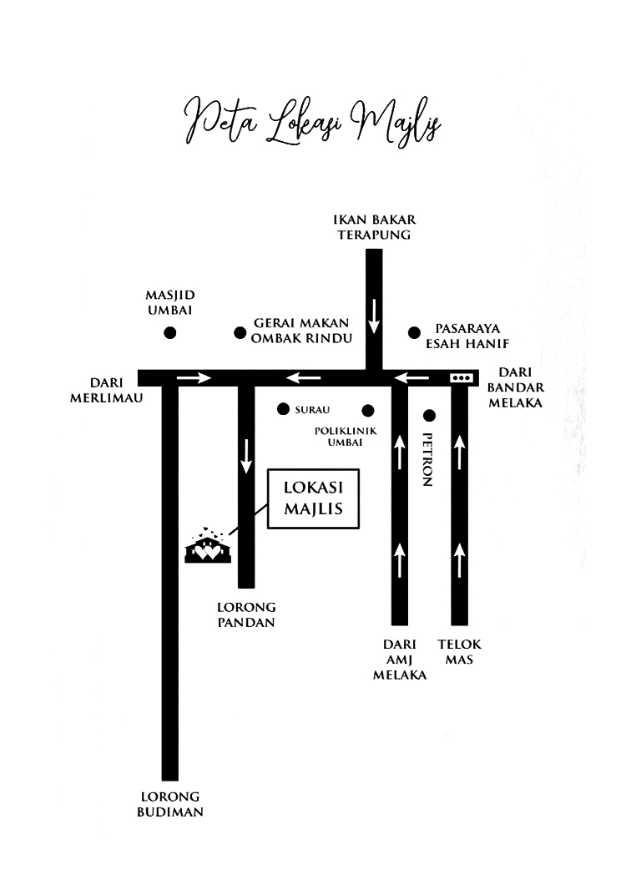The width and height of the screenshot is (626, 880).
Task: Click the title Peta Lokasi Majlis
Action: [x=312, y=122]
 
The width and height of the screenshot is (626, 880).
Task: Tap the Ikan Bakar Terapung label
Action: [x=374, y=227]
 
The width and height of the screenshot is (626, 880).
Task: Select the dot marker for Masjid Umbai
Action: [x=170, y=333]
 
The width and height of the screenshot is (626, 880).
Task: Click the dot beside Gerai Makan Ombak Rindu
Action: [x=240, y=333]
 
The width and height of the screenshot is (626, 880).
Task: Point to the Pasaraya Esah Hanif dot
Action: [x=414, y=333]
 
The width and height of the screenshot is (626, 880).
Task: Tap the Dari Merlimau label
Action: [x=106, y=390]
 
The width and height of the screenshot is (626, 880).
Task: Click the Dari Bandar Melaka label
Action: [x=516, y=387]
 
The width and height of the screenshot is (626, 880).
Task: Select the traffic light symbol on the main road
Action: [x=461, y=377]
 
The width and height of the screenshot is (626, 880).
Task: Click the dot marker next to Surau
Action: [x=283, y=409]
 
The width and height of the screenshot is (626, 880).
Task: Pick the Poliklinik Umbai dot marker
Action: [x=367, y=411]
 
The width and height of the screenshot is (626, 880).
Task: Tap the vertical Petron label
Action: [x=427, y=459]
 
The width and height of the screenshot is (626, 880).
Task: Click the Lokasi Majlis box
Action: [x=313, y=498]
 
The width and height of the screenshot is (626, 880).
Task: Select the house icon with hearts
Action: [x=208, y=545]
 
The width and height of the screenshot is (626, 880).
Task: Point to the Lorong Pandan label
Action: [x=246, y=614]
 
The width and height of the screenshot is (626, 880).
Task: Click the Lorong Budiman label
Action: [x=170, y=804]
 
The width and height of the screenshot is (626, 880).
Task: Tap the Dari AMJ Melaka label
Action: [x=399, y=660]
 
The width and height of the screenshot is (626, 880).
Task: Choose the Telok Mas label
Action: [x=459, y=651]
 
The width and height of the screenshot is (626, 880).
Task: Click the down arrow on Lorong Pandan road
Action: [x=246, y=456]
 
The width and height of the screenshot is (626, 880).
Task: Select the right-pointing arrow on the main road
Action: [x=194, y=377]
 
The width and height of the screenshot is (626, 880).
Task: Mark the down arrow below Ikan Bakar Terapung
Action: [x=374, y=316]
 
